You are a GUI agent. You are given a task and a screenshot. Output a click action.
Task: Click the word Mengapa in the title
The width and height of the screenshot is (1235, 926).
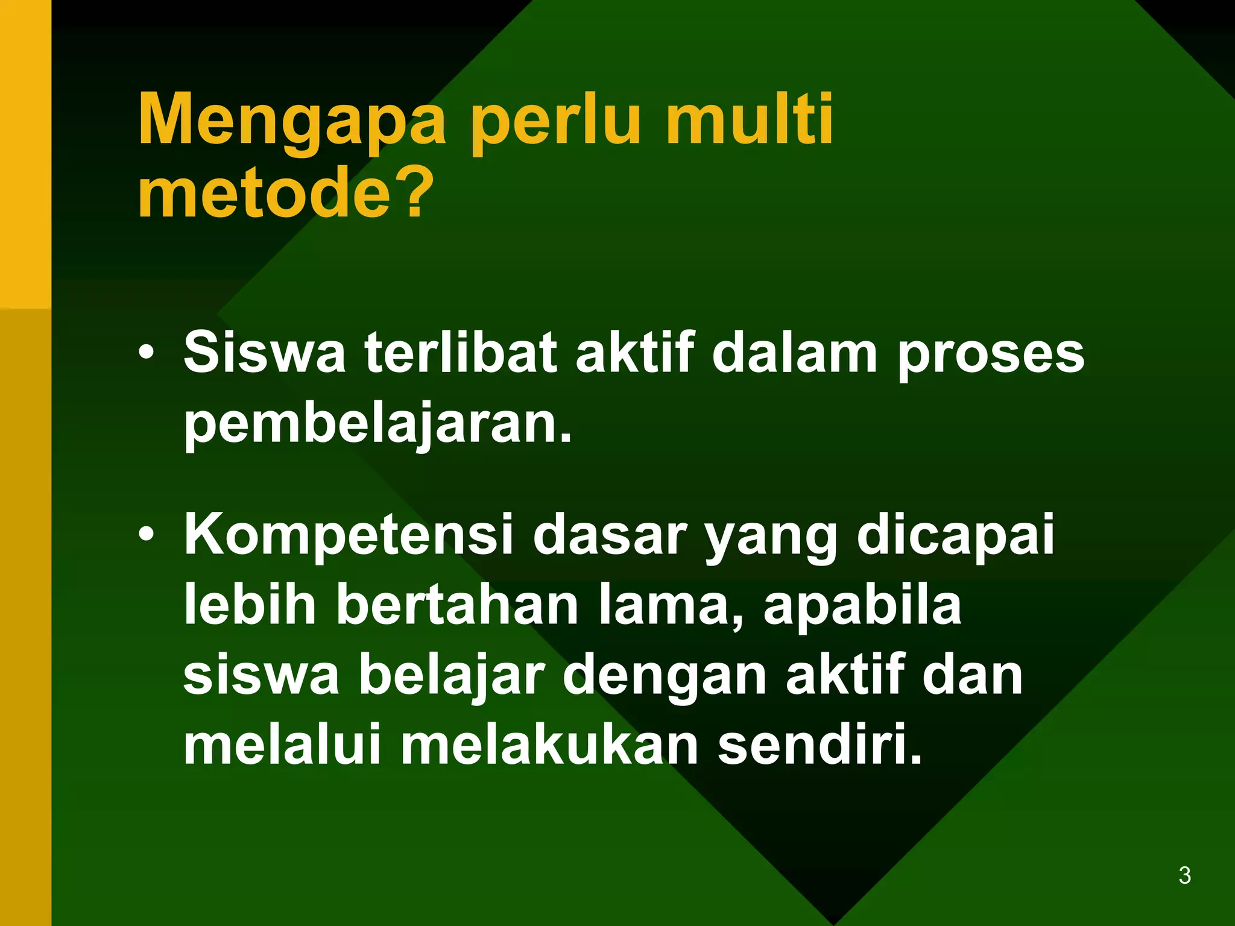292,121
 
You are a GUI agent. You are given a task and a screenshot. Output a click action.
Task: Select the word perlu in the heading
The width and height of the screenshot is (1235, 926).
555,121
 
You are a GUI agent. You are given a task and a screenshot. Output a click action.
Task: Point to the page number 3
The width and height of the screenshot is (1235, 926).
1184,875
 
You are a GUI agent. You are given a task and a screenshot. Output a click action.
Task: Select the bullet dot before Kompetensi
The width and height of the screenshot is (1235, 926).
145,534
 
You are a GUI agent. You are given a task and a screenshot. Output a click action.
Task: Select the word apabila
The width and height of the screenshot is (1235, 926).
862,606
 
